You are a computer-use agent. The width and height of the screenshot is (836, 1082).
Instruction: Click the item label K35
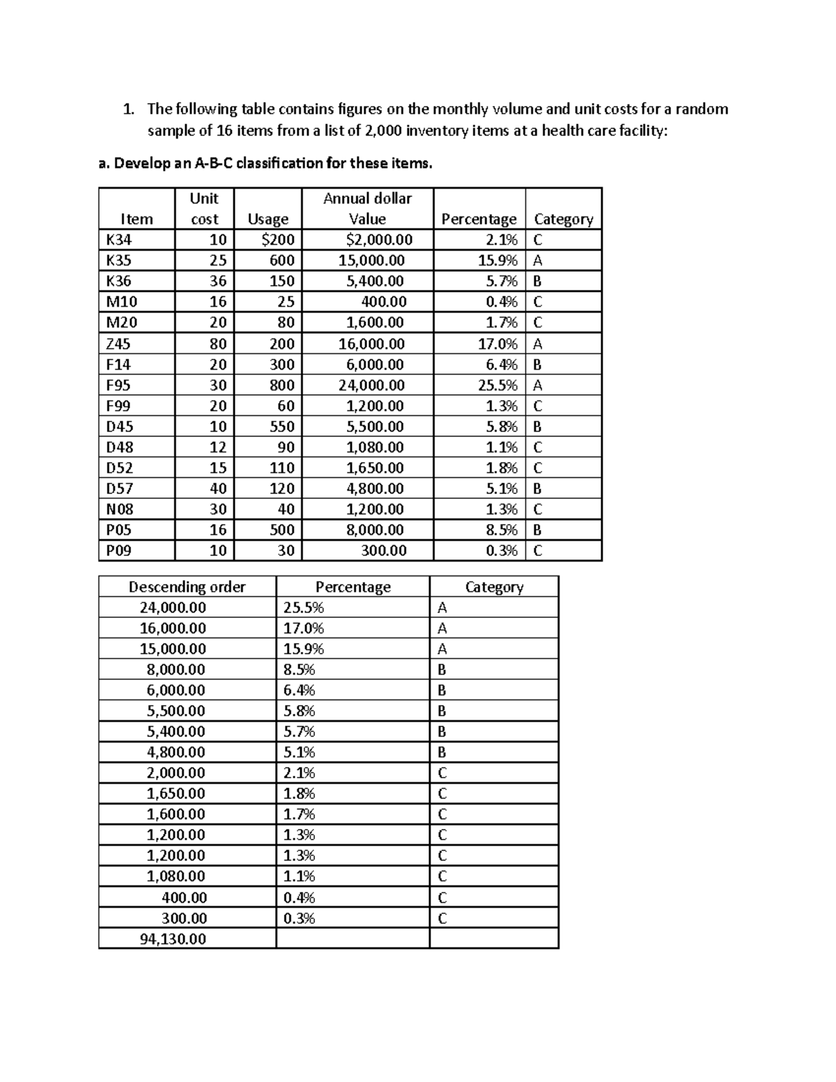click(118, 261)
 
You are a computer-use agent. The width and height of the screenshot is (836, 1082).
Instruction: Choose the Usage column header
click(268, 219)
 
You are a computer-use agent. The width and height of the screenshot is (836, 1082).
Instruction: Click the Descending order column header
click(187, 587)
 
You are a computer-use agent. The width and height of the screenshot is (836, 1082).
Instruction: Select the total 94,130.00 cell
click(173, 938)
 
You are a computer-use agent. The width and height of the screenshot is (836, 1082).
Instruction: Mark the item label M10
click(121, 302)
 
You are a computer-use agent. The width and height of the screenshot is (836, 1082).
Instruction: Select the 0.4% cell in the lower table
click(299, 897)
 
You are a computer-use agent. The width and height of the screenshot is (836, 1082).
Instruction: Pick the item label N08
click(119, 509)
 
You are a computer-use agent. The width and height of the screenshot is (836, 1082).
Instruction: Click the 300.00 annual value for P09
click(384, 550)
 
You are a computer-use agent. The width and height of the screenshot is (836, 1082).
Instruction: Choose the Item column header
click(137, 219)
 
